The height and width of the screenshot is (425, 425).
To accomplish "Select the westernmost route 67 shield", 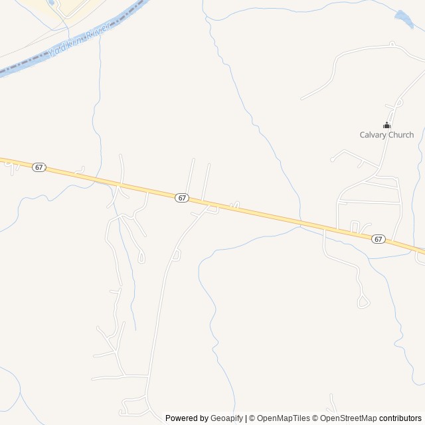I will click(x=39, y=167).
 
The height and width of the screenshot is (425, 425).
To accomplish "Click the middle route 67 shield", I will click(x=183, y=198).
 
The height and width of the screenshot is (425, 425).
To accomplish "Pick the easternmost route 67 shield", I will click(x=378, y=238).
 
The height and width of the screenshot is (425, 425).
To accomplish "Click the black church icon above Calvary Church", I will click(x=386, y=125).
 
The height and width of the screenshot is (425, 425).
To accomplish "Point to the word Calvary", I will click(x=373, y=135).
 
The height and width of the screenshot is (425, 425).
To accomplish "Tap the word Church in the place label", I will click(x=401, y=135).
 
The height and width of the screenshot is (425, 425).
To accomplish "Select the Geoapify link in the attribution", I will click(x=226, y=418).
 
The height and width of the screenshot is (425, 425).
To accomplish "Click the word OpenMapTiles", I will click(x=284, y=418).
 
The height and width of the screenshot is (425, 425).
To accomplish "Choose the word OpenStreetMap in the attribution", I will click(x=349, y=418).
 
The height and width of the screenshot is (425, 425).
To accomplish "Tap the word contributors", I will click(x=400, y=418).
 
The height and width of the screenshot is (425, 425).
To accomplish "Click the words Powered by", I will click(x=187, y=418).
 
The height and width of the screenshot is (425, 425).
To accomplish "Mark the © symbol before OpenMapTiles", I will click(x=253, y=418).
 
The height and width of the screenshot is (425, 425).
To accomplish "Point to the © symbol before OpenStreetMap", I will click(x=315, y=418).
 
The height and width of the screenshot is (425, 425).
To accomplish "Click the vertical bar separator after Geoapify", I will click(x=246, y=418).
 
